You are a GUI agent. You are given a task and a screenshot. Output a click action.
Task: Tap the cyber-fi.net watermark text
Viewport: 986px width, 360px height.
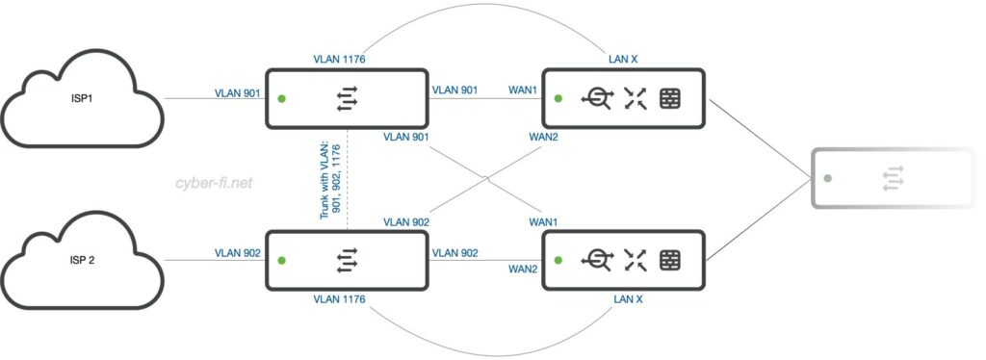click(214, 181)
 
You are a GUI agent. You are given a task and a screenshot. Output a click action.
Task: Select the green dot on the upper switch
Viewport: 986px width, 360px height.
click(281, 98)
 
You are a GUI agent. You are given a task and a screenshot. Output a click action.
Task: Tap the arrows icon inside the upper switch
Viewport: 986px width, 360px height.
click(347, 98)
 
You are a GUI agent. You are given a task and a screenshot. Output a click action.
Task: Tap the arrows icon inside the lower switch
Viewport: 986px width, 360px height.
click(347, 259)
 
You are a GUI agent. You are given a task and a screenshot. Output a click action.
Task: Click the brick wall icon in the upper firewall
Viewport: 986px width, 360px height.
click(670, 98)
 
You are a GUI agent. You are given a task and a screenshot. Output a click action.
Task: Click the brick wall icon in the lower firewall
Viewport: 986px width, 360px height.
click(670, 259)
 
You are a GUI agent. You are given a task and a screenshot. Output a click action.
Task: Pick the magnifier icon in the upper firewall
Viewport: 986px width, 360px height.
click(598, 98)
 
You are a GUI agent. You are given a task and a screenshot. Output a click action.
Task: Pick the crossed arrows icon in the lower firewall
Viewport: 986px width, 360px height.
click(635, 259)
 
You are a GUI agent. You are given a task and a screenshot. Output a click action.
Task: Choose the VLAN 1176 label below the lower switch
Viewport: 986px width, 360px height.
click(340, 299)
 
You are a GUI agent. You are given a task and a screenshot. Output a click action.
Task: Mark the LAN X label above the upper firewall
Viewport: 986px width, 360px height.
click(622, 60)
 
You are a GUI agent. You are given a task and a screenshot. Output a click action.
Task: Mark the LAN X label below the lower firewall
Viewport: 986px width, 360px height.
click(628, 299)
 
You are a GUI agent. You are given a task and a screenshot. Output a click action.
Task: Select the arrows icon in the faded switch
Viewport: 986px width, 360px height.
click(895, 179)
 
